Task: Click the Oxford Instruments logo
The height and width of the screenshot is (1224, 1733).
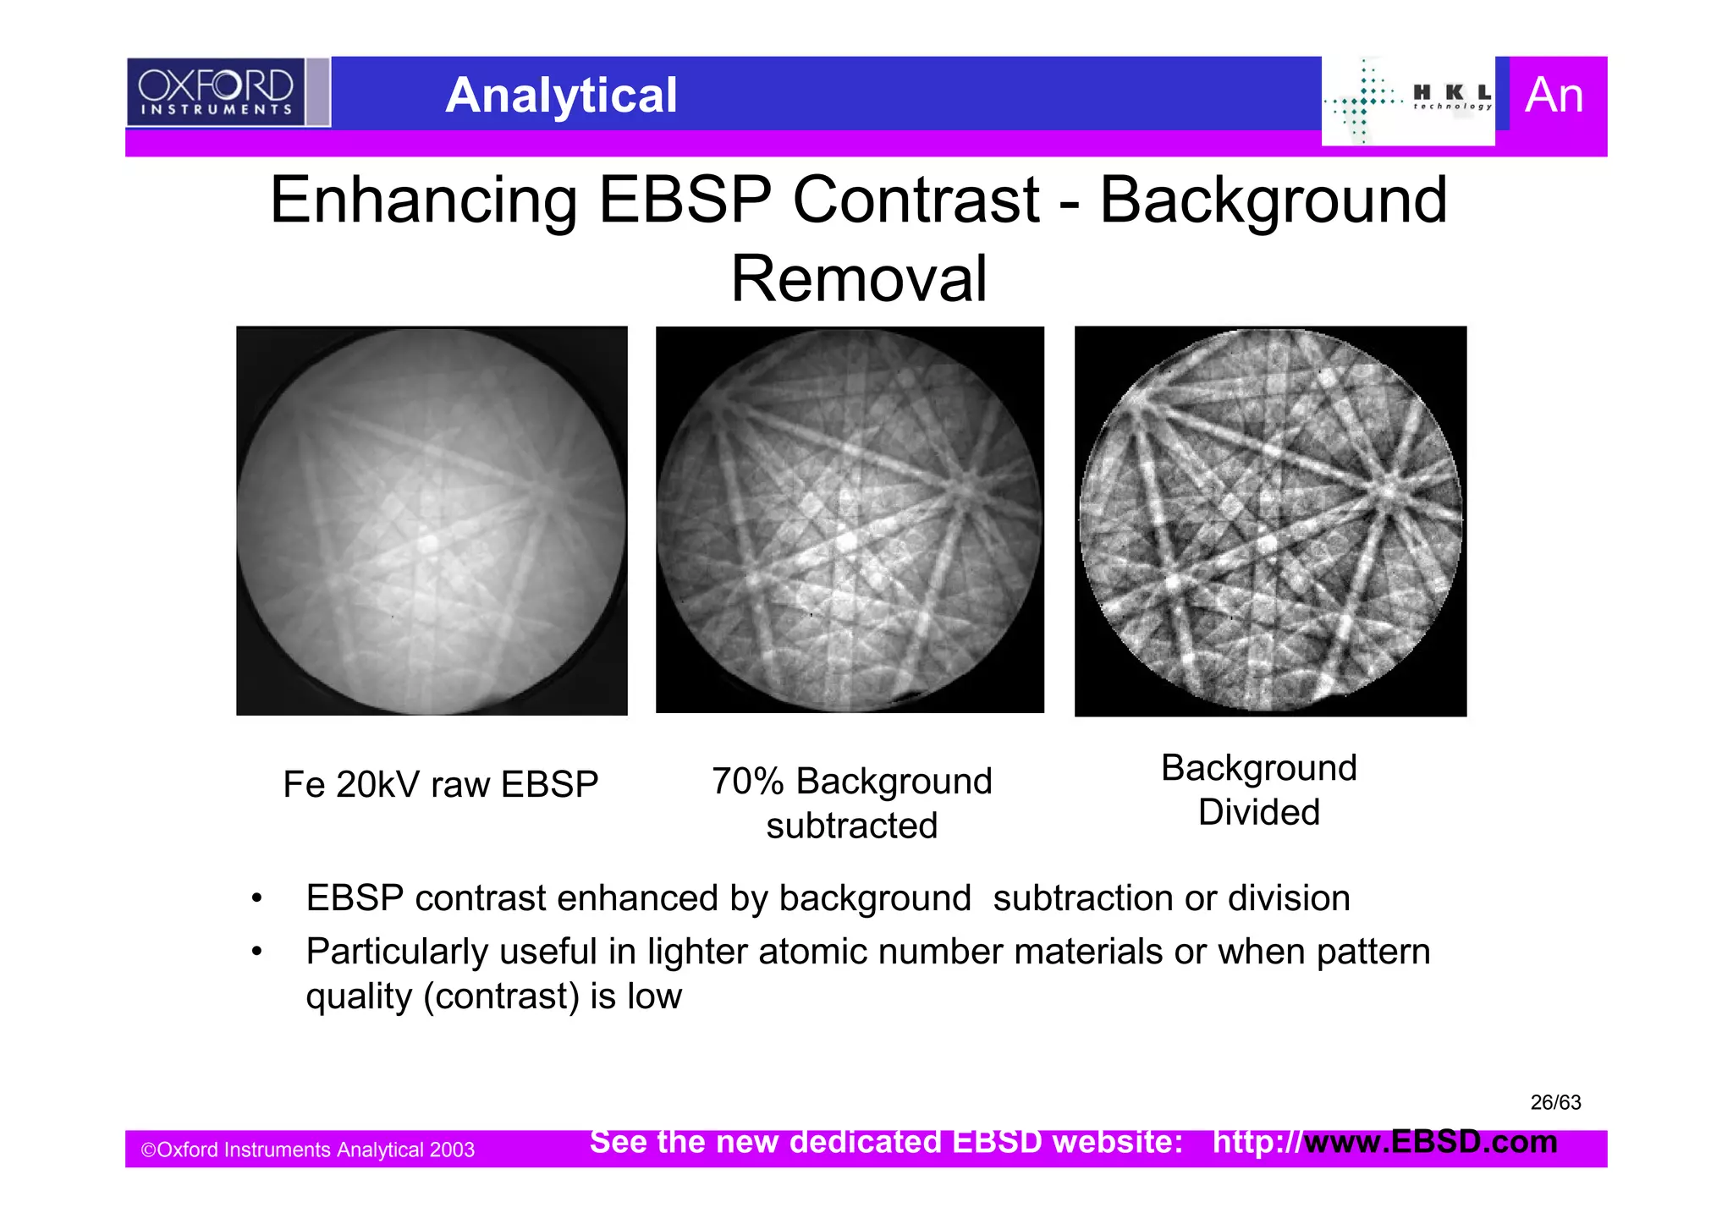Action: coord(216,92)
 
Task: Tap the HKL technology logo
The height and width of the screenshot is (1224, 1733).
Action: coord(1408,101)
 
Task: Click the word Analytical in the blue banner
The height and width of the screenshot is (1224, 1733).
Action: coord(561,95)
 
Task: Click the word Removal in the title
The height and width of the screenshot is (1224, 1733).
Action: coord(858,279)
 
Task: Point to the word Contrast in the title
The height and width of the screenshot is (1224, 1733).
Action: coord(915,200)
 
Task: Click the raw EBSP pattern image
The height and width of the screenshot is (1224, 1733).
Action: coord(432,520)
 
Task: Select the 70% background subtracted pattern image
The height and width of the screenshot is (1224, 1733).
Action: coord(850,519)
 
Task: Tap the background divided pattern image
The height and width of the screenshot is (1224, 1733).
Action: coord(1270,521)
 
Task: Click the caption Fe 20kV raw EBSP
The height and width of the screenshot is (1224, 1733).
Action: coord(440,784)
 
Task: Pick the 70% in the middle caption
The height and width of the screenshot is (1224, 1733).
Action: coord(746,782)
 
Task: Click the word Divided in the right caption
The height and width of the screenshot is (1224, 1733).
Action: coord(1258,812)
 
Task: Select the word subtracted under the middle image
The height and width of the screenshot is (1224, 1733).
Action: coord(851,826)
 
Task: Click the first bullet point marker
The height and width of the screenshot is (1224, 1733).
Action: coord(256,898)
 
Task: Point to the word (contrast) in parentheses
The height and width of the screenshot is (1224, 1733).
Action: coord(501,996)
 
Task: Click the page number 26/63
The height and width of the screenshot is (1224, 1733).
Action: coord(1555,1102)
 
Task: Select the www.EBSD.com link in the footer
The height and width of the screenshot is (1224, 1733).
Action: coord(1430,1142)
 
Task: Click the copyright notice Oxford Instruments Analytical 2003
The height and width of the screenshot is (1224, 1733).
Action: coord(307,1150)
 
